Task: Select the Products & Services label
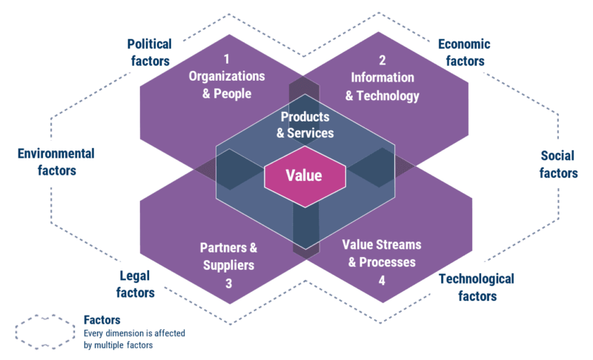pyautogui.click(x=305, y=125)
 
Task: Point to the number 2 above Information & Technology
pyautogui.click(x=382, y=60)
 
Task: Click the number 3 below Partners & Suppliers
pyautogui.click(x=228, y=281)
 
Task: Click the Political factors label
pyautogui.click(x=149, y=52)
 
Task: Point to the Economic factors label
pyautogui.click(x=464, y=52)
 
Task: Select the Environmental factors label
pyautogui.click(x=56, y=161)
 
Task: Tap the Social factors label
pyautogui.click(x=558, y=164)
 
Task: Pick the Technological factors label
pyautogui.click(x=476, y=287)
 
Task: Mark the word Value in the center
pyautogui.click(x=305, y=176)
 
